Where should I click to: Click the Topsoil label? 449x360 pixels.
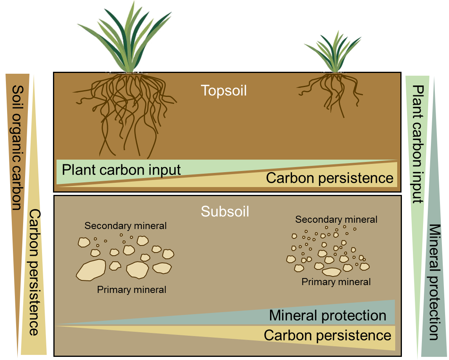[x=224, y=91]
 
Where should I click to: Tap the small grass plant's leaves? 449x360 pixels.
[x=333, y=53]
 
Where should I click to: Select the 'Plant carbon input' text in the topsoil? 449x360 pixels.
[x=121, y=170]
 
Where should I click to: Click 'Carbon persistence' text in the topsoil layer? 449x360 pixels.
[x=329, y=178]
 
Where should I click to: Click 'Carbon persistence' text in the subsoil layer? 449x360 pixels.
[x=327, y=335]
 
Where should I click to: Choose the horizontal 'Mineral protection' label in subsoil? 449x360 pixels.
[x=327, y=316]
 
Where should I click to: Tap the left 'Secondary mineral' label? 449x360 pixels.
[x=126, y=226]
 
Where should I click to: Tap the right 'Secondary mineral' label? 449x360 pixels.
[x=336, y=220]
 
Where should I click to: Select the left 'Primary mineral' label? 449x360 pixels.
[x=131, y=290]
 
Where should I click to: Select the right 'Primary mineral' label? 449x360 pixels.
[x=336, y=282]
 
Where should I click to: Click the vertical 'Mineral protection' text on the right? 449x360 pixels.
[x=434, y=282]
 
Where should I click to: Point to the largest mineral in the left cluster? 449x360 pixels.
[x=91, y=270]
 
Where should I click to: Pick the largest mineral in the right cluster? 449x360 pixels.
[x=331, y=272]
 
